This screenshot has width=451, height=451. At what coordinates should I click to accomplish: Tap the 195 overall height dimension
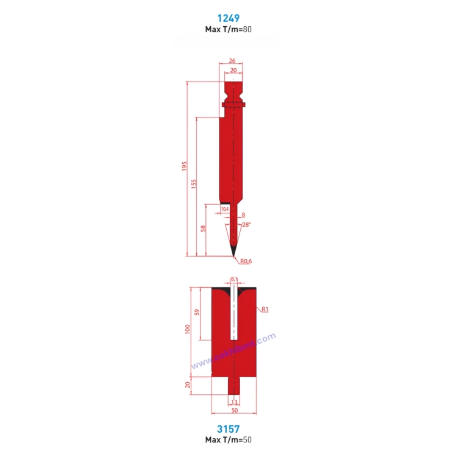[x=185, y=166]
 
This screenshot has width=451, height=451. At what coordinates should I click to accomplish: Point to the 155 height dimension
[x=194, y=185]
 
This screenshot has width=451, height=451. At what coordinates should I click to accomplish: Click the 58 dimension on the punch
[x=203, y=229]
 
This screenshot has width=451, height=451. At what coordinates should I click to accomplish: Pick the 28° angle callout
[x=246, y=224]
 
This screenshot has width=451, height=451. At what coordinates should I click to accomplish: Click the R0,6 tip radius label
[x=246, y=261]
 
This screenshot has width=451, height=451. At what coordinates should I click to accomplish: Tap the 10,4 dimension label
[x=224, y=209]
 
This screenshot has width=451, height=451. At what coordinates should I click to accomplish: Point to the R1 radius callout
[x=265, y=310]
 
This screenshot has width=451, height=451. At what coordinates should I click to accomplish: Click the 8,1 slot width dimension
[x=234, y=279]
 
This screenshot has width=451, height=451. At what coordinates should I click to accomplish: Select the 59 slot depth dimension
[x=197, y=313]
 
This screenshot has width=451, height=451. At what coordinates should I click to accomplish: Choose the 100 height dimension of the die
[x=188, y=329]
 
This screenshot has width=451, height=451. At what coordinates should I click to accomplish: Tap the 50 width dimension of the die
[x=234, y=410]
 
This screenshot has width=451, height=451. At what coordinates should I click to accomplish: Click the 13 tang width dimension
[x=234, y=401]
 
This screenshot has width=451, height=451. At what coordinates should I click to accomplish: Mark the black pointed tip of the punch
[x=234, y=251]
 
